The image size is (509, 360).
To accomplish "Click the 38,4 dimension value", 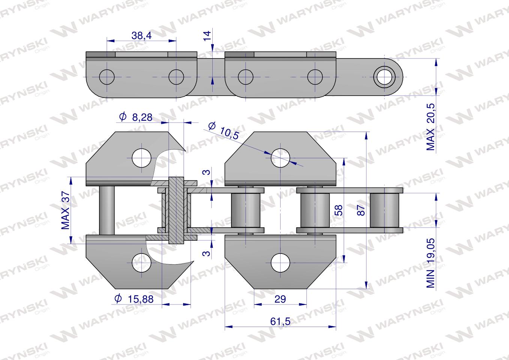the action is tap(141, 35).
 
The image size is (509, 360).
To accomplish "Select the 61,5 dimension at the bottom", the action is tap(280, 321).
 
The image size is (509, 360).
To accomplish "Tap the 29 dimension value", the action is tap(280, 299).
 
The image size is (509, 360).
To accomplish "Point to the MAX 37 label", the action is tap(66, 210).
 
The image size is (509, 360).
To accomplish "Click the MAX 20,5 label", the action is tap(431, 127).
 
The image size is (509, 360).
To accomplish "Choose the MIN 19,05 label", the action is tap(431, 263).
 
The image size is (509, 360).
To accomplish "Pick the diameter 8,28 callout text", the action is tap(136, 117).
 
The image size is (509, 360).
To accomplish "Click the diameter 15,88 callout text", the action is tap(134, 299).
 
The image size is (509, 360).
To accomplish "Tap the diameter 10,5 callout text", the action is tap(224, 130).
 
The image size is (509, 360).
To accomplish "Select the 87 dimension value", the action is tap(361, 210).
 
